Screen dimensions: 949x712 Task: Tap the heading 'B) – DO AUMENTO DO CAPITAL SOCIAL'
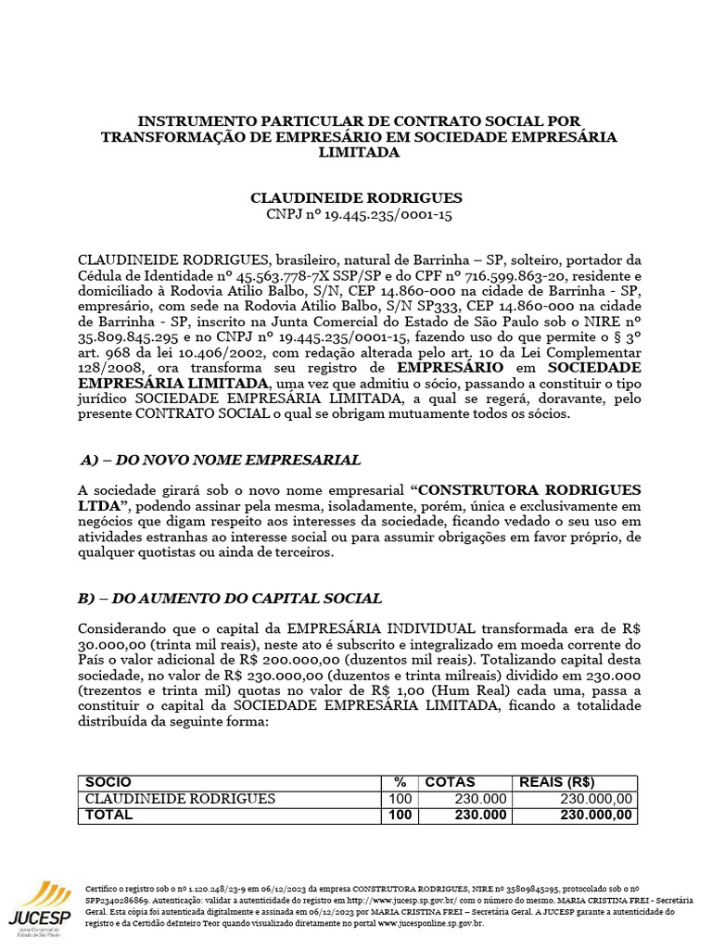[230, 599]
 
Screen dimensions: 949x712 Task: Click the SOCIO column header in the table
[108, 782]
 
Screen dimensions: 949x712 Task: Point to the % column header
[400, 782]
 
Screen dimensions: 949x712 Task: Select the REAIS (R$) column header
[557, 782]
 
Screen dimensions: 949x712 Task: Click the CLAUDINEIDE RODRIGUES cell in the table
[180, 799]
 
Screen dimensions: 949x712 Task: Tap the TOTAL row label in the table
[109, 815]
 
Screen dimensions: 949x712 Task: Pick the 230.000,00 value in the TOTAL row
[597, 815]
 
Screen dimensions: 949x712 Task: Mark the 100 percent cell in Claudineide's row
[400, 799]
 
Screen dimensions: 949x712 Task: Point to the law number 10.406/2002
[232, 353]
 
